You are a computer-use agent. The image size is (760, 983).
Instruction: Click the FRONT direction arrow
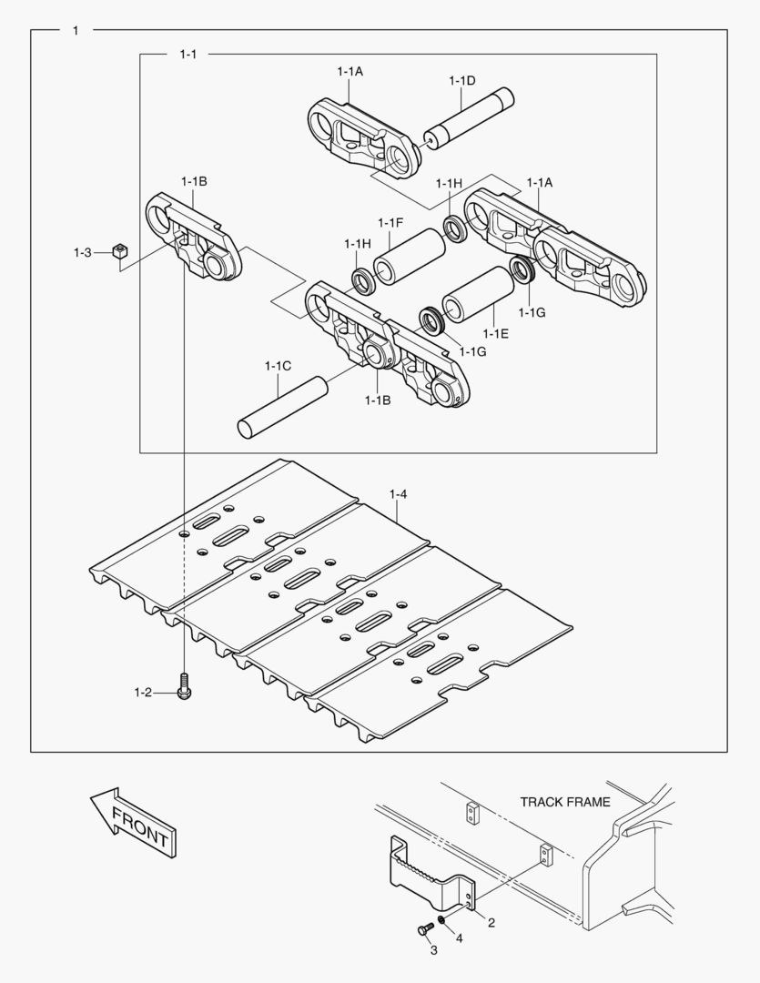(133, 822)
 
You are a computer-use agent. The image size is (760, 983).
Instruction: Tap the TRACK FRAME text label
(564, 802)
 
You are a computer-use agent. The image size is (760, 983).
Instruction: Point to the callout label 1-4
(398, 494)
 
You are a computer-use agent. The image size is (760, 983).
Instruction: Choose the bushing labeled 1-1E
(477, 295)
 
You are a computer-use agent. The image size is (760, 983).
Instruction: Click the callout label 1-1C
(278, 366)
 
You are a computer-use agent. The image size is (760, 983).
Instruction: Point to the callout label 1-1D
(461, 81)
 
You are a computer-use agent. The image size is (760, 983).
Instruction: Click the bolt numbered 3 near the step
(423, 930)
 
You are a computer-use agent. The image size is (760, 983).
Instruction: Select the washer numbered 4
(441, 922)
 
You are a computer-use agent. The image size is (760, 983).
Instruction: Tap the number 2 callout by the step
(491, 923)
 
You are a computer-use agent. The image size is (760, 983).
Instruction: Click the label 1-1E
(496, 334)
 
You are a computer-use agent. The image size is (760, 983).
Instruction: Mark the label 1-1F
(390, 223)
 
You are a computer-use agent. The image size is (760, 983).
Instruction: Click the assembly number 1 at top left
(75, 30)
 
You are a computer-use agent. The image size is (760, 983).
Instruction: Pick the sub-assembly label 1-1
(187, 55)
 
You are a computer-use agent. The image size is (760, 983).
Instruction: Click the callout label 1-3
(83, 252)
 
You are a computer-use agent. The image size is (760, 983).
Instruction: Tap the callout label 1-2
(142, 694)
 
